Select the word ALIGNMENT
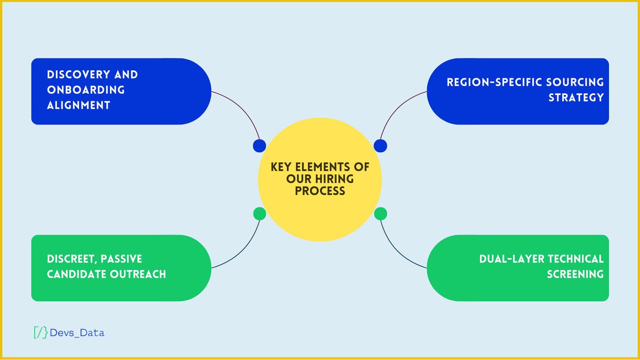(x=78, y=105)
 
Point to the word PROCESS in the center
(x=320, y=190)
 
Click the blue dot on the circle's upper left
(x=260, y=146)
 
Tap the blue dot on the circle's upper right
(x=380, y=146)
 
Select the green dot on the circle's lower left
(x=260, y=214)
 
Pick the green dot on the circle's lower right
(x=380, y=214)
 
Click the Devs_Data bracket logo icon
(x=41, y=332)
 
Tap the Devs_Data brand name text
(x=77, y=333)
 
